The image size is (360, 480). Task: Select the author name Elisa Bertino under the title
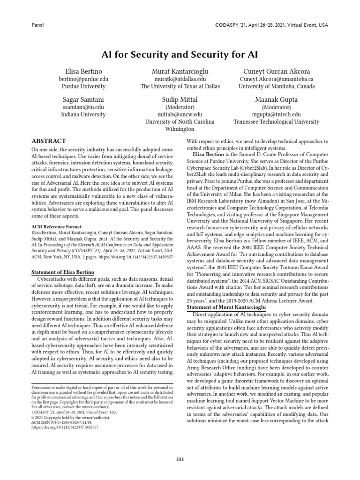click(x=83, y=71)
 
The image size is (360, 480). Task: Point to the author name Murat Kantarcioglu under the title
click(x=180, y=71)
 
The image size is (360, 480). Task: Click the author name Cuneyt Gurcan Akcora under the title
click(x=276, y=71)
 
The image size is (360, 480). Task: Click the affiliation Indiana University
click(x=83, y=114)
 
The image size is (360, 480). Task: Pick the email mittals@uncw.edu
click(x=180, y=114)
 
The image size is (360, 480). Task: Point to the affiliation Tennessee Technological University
click(x=276, y=122)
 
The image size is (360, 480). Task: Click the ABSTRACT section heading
click(x=48, y=141)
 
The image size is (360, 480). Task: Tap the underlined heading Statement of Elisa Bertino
click(x=62, y=272)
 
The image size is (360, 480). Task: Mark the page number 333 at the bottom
click(x=180, y=446)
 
